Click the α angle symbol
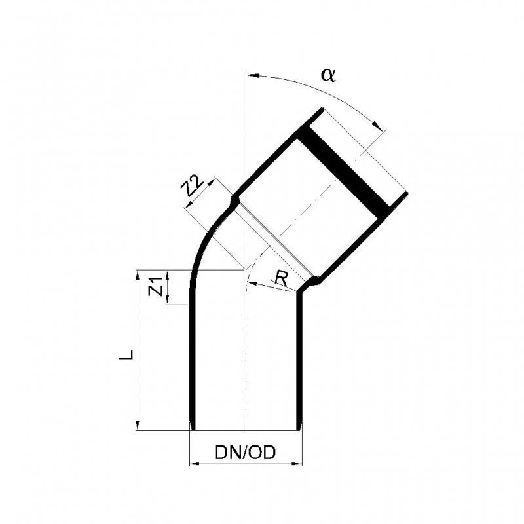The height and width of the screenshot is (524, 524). [328, 75]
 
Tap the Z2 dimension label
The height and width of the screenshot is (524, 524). [191, 186]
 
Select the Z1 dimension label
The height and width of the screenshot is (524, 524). [155, 287]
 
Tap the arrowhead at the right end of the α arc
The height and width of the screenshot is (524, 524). [378, 124]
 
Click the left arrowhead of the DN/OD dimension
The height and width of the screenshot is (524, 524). [194, 464]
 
